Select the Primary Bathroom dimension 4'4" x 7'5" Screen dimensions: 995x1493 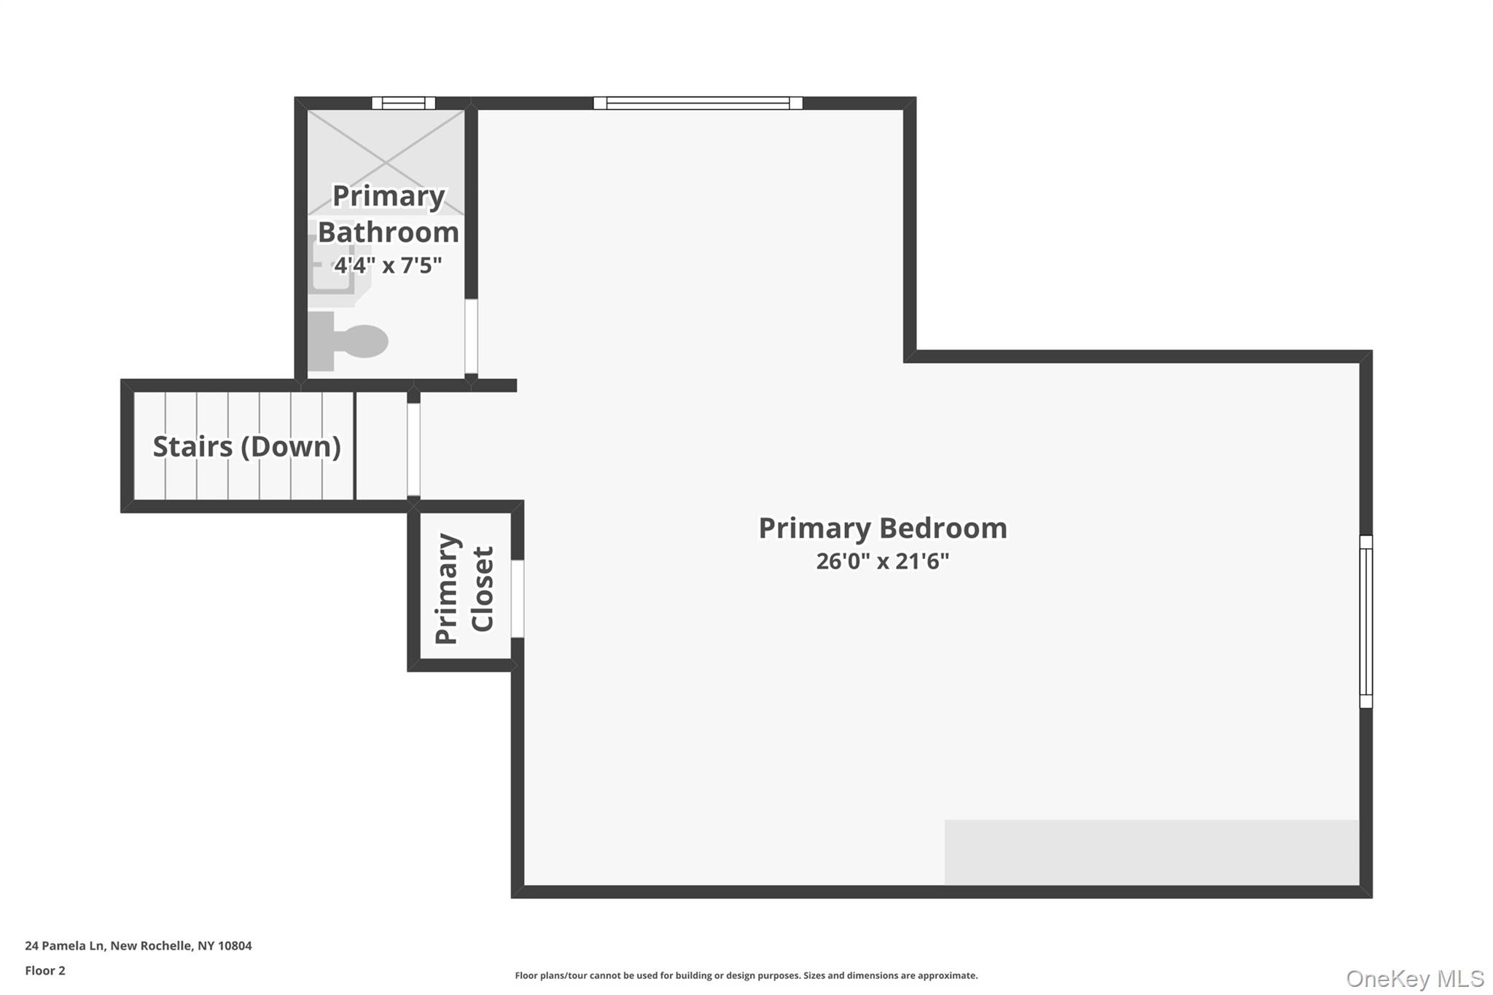(388, 265)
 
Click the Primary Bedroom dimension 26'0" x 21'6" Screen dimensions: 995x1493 (882, 561)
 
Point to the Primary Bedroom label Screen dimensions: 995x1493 (882, 528)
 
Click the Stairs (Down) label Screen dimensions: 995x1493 (246, 447)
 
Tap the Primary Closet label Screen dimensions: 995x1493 (464, 589)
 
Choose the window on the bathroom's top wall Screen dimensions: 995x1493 (403, 103)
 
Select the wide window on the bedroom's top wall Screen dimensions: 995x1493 (698, 103)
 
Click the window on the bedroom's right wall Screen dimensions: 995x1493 (1366, 622)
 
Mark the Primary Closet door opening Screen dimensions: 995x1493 (517, 598)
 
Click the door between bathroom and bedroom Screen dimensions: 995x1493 (471, 336)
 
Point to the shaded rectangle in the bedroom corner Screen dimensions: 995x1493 (1152, 852)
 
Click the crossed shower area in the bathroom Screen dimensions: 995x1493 (386, 162)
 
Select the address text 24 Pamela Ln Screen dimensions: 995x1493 (139, 946)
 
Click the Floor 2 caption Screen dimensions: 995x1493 (45, 971)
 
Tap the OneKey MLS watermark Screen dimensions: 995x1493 (1415, 978)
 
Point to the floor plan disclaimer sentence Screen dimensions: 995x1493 (746, 975)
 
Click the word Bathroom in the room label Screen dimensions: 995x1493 (388, 233)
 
